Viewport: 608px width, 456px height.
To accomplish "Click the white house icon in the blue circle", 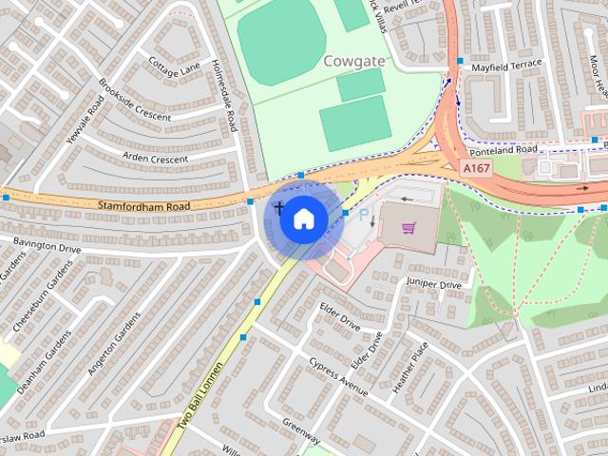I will [x=303, y=218].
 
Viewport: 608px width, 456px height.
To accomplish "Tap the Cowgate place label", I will [x=353, y=62].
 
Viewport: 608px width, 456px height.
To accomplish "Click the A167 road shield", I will [x=477, y=168].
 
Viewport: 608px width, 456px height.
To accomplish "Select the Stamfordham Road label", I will [x=143, y=204].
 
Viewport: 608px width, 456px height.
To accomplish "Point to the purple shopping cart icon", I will [x=409, y=229].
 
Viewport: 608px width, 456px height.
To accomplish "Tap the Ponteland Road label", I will [x=501, y=149].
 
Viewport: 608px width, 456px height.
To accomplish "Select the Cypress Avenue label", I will [x=338, y=377].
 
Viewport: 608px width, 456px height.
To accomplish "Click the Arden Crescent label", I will [x=157, y=158].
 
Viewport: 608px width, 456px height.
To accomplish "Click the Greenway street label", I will [x=300, y=431].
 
